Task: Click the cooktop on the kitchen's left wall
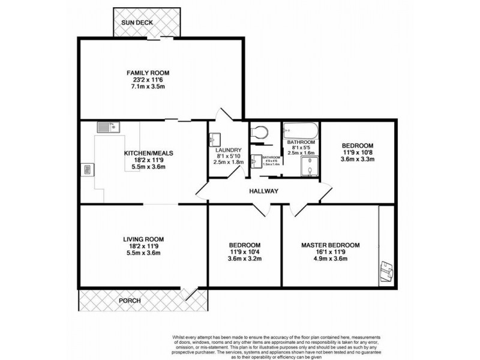(x=88, y=170)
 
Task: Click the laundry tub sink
(x=216, y=139)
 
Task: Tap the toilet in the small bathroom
(x=259, y=131)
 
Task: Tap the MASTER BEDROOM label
(x=331, y=245)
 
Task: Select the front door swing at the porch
(x=191, y=293)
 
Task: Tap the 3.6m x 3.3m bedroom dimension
(x=358, y=160)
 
